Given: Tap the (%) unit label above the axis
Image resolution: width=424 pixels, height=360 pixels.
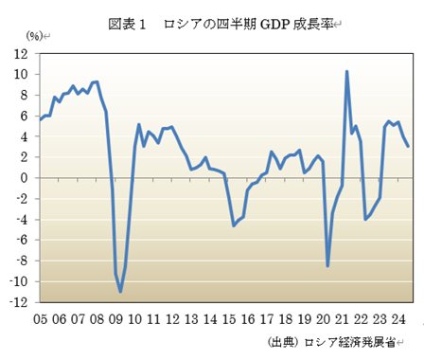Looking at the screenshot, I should tap(34, 37).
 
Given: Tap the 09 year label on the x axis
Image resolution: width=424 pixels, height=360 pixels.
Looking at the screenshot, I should tap(115, 319).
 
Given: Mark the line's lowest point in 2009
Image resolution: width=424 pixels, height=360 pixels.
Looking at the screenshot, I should tap(120, 292).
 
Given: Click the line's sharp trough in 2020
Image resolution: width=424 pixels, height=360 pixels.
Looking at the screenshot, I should tap(327, 266).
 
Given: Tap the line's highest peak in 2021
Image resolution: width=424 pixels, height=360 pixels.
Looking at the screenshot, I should tap(346, 71).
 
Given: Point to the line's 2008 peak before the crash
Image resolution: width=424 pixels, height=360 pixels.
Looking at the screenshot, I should tap(97, 81).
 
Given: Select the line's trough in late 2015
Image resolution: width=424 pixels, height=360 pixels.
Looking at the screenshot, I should tap(234, 225).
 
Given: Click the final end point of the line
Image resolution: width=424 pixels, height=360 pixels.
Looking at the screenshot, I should tap(408, 146).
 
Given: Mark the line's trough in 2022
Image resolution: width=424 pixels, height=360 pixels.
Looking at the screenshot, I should tap(365, 219).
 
